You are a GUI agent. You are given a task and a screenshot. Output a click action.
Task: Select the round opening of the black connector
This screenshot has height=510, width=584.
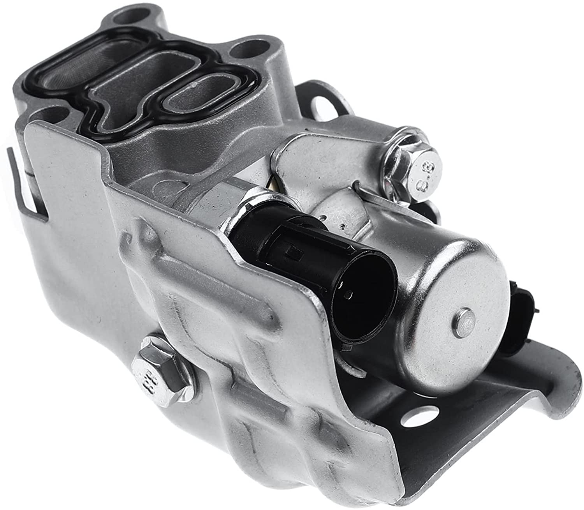tap(365, 303)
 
